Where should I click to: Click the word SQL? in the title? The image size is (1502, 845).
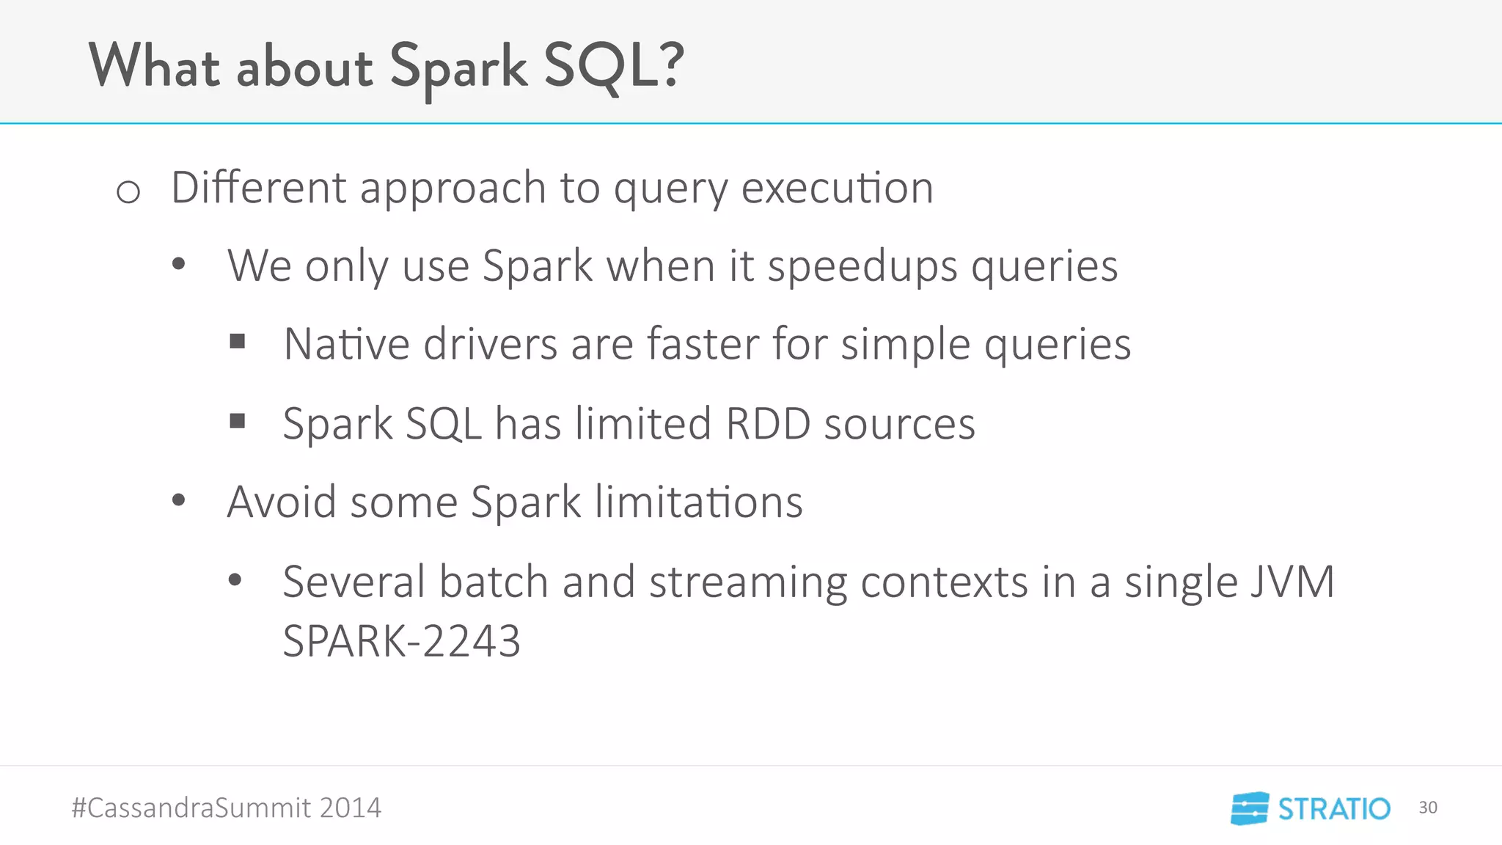(x=613, y=66)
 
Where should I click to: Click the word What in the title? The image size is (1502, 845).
(x=154, y=66)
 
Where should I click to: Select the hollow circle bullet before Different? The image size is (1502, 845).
(x=128, y=192)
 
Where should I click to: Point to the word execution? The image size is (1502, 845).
(x=837, y=188)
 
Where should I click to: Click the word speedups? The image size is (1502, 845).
(x=862, y=267)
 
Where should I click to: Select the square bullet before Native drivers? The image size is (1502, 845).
(x=237, y=341)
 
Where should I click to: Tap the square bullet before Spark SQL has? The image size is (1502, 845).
(x=237, y=420)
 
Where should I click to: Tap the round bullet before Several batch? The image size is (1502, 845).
(x=235, y=580)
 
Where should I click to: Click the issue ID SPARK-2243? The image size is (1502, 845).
(x=401, y=641)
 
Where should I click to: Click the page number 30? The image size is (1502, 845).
(x=1427, y=808)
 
